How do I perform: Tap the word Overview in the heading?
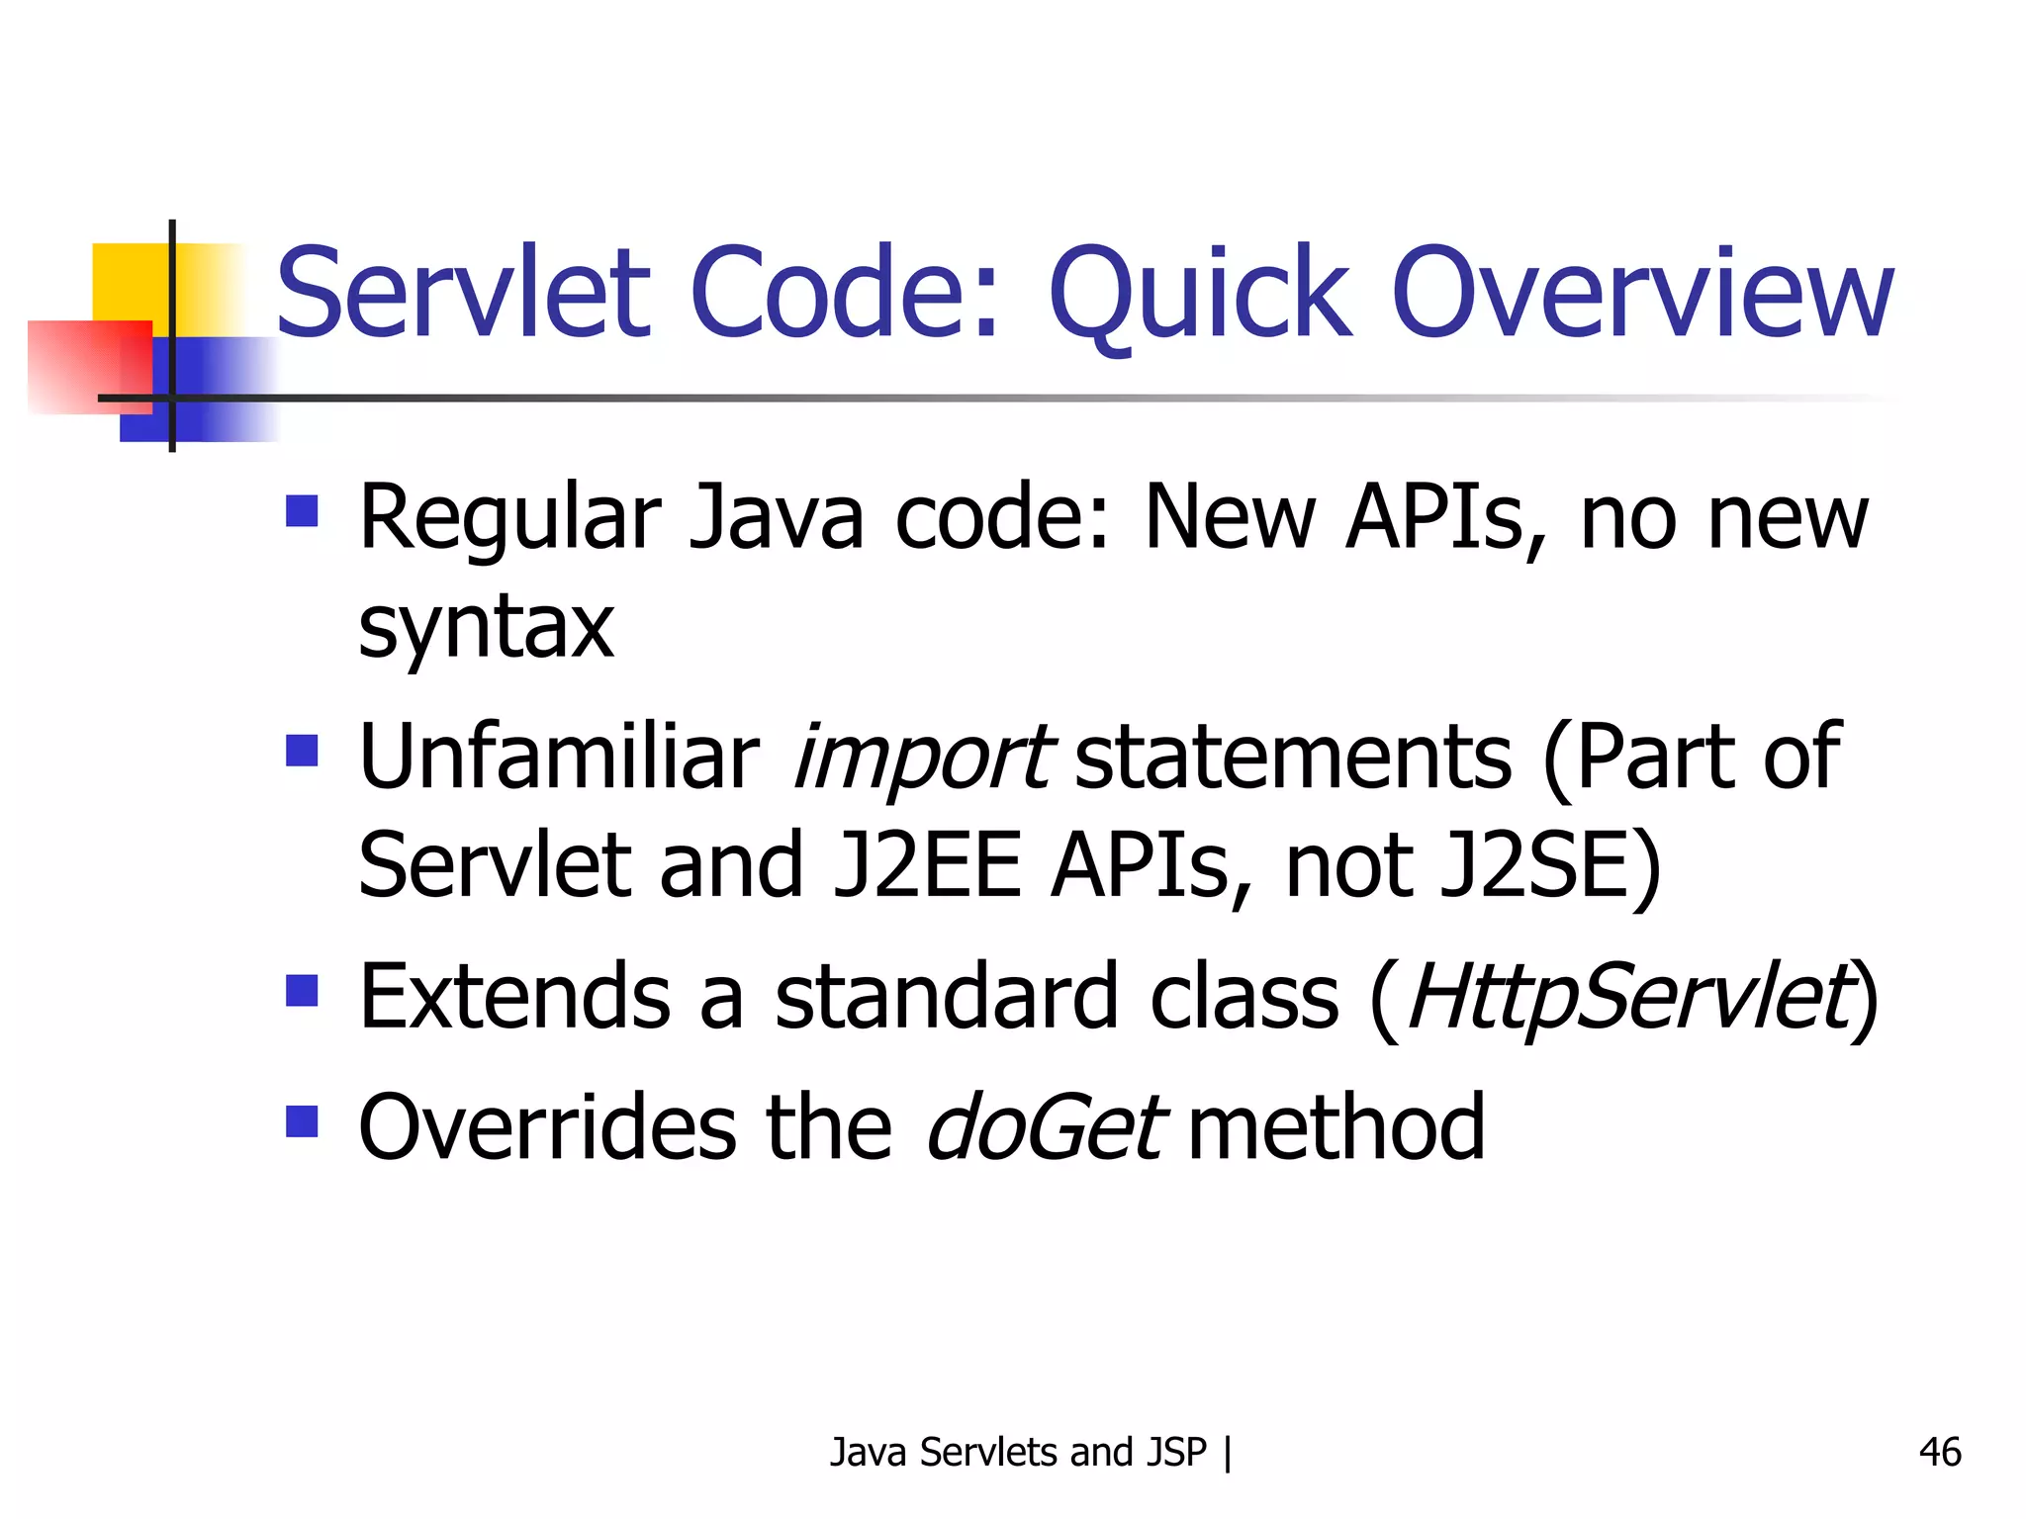[x=1642, y=295]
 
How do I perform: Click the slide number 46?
[x=1939, y=1452]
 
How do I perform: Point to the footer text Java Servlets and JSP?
[x=1019, y=1452]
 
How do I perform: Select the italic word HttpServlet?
[x=1627, y=997]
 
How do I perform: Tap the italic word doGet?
[x=1046, y=1127]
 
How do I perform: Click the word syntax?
[x=486, y=629]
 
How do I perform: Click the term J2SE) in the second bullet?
[x=1551, y=866]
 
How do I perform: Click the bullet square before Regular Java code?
[x=302, y=510]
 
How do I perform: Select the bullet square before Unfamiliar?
[x=302, y=750]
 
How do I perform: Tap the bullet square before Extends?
[x=302, y=990]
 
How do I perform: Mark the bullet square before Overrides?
[x=302, y=1121]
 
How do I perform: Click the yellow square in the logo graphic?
[x=129, y=281]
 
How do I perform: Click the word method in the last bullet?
[x=1335, y=1127]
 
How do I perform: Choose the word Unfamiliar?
[x=559, y=758]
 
